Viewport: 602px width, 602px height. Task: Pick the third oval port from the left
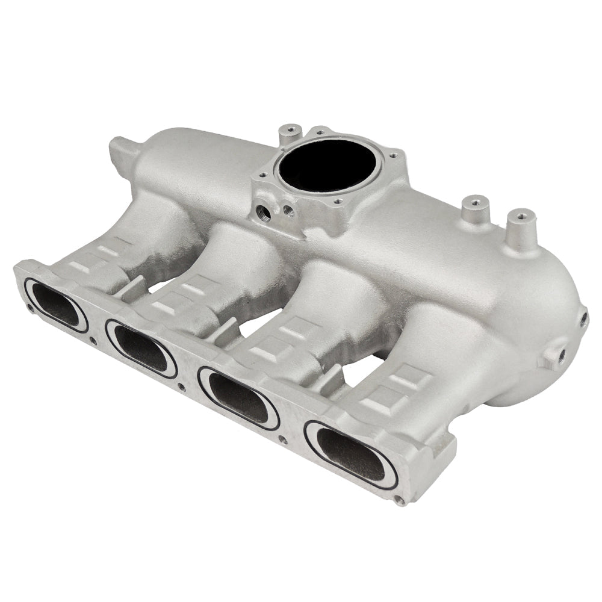point(239,397)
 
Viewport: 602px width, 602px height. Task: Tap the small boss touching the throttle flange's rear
point(291,131)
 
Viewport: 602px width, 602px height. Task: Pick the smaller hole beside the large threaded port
point(288,211)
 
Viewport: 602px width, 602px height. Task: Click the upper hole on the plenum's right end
point(583,319)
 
